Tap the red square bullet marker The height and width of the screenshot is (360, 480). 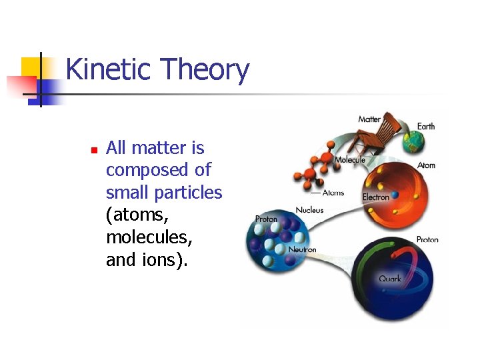coord(94,149)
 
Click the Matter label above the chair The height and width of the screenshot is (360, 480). coord(369,119)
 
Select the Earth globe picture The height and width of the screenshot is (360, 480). coord(413,141)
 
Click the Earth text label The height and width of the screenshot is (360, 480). coord(426,127)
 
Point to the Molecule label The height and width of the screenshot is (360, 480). coord(350,160)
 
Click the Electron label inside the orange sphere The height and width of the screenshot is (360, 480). coord(375,197)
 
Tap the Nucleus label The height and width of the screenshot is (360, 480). coord(309,210)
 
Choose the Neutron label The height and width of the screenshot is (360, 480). coord(302,249)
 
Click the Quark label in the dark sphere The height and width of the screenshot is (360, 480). coord(390,279)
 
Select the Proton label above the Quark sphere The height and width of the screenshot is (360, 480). coord(427,239)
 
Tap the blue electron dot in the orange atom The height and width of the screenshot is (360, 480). coord(395,195)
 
